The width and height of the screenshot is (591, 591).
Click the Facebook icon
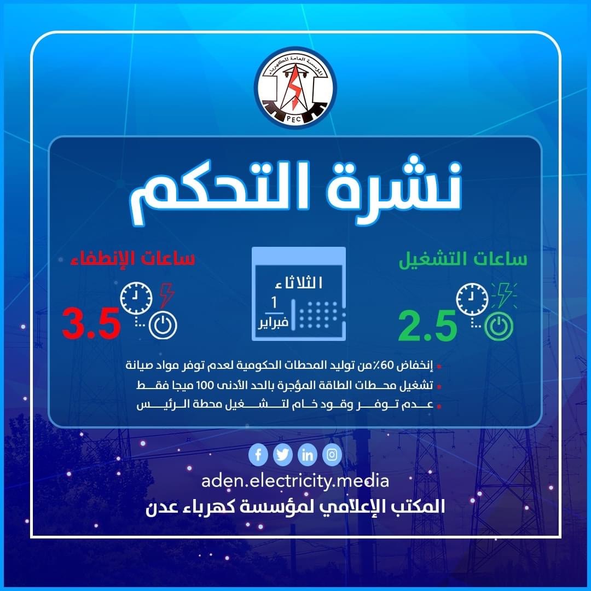point(258,455)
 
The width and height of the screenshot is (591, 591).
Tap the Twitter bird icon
point(283,455)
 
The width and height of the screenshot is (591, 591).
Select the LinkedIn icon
point(307,455)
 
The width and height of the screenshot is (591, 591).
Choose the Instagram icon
point(332,455)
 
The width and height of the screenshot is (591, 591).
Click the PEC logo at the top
point(296,88)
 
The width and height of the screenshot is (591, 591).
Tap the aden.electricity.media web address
point(295,482)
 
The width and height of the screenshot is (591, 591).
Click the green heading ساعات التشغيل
point(463,260)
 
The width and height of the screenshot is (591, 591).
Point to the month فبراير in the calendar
point(273,323)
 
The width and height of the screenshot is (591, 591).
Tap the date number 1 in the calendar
point(274,302)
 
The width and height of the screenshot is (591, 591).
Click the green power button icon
point(499,327)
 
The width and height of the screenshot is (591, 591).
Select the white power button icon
point(163,325)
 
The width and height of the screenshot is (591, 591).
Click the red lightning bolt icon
point(166,296)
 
